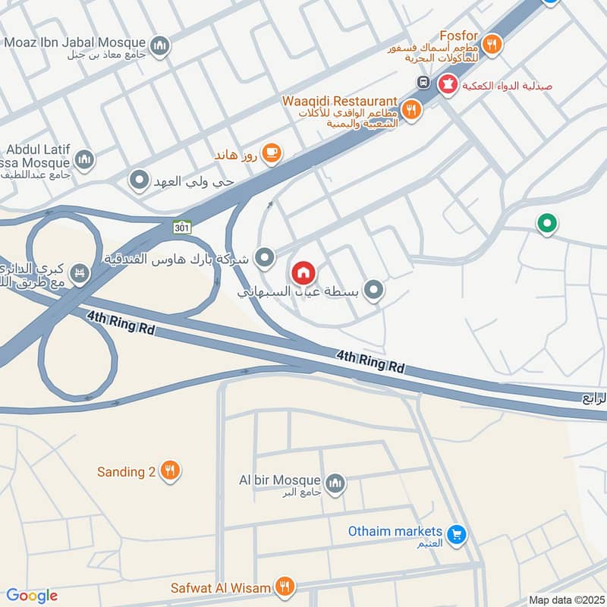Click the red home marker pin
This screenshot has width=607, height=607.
click(303, 272)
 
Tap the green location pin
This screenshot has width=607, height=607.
click(546, 224)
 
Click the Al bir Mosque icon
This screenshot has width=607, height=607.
click(335, 482)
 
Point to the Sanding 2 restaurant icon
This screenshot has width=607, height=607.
click(170, 471)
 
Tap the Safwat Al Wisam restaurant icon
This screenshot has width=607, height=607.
click(285, 586)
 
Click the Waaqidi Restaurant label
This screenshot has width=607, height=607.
click(340, 101)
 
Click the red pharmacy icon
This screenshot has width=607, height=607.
click(448, 85)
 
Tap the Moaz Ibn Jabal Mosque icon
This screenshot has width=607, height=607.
click(159, 47)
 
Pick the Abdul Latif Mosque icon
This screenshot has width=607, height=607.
click(83, 159)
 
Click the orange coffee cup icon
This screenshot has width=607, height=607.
click(271, 154)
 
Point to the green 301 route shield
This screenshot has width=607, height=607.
click(181, 226)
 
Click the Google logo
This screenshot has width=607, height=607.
click(31, 596)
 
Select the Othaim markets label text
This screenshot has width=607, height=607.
click(395, 531)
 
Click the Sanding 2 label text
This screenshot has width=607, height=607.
click(126, 472)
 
